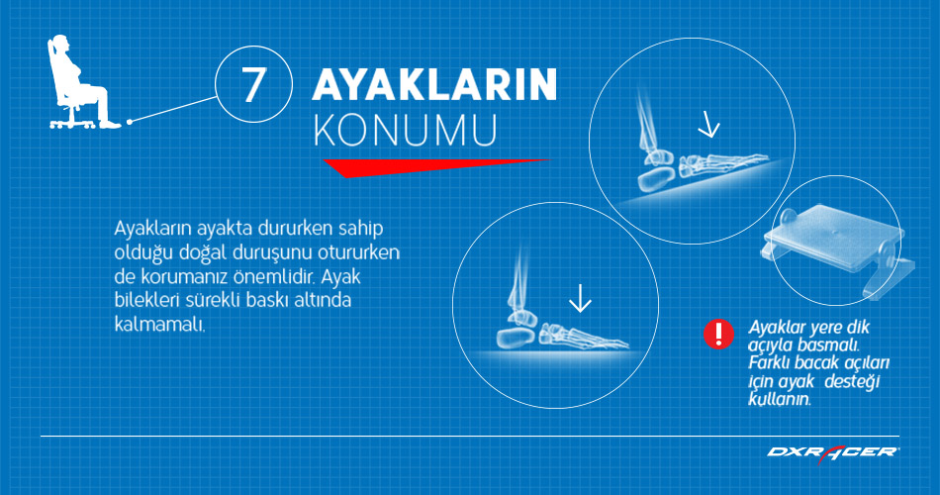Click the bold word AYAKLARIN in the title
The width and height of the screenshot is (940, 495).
(x=434, y=85)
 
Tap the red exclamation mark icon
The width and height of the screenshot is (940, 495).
(x=717, y=334)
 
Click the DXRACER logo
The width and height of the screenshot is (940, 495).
(x=833, y=452)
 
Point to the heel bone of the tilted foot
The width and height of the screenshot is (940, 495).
(x=649, y=180)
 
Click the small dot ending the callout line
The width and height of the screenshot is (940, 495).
(x=129, y=121)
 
